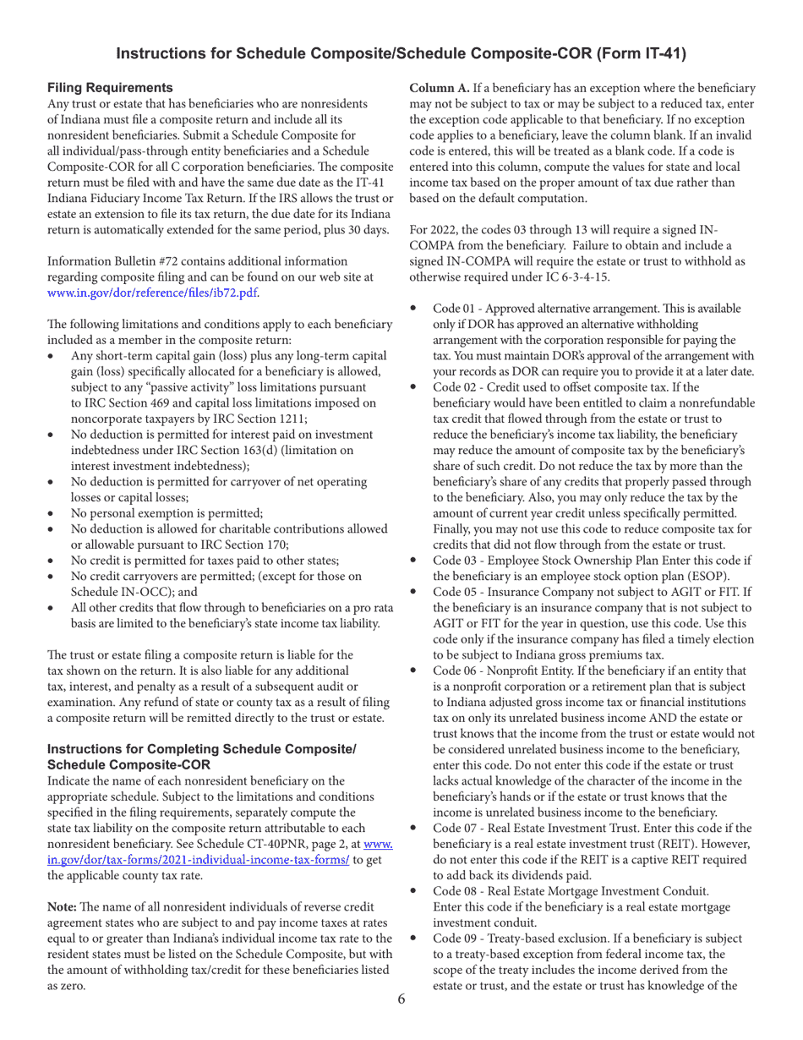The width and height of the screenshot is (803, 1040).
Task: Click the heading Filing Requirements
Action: tap(110, 87)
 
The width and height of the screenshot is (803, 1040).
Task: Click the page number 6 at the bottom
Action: tap(401, 999)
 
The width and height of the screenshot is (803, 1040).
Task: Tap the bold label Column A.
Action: tap(442, 88)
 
